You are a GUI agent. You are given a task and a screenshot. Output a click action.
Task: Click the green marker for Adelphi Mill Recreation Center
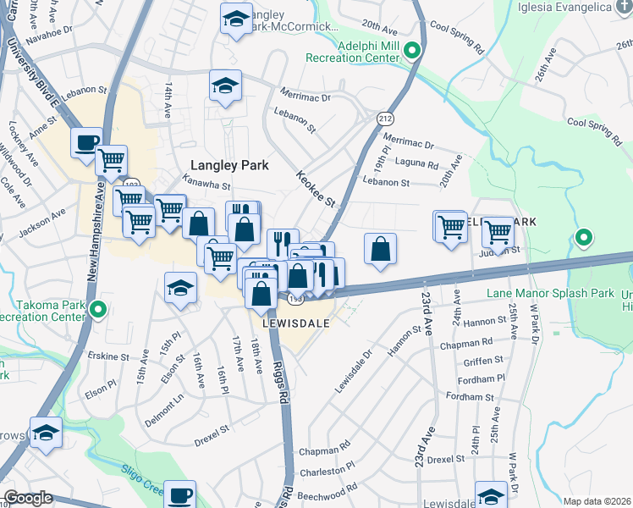click(412, 51)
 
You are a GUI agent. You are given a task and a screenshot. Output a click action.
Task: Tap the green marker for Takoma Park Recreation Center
click(98, 310)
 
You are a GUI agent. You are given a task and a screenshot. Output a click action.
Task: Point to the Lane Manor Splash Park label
click(550, 293)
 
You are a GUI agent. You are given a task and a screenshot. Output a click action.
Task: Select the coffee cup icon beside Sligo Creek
click(179, 494)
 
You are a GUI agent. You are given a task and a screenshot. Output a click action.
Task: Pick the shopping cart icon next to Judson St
click(498, 229)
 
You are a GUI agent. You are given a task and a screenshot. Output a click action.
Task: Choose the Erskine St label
click(107, 356)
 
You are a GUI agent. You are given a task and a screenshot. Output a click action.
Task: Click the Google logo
click(29, 498)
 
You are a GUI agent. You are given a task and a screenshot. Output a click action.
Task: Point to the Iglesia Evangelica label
click(575, 7)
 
